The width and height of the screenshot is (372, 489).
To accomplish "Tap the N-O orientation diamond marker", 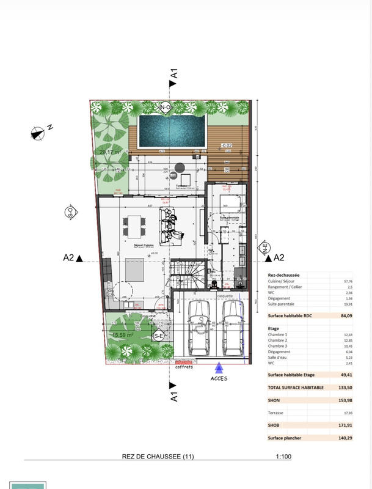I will tap(165, 108).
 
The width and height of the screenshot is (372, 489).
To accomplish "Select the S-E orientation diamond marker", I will tap(159, 336).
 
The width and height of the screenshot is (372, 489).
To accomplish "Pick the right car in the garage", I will tap(232, 328).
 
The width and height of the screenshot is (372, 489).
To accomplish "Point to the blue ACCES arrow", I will tap(219, 367).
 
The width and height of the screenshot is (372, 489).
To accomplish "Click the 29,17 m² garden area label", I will tap(110, 152).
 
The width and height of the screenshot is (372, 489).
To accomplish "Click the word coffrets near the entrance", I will tap(184, 367).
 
